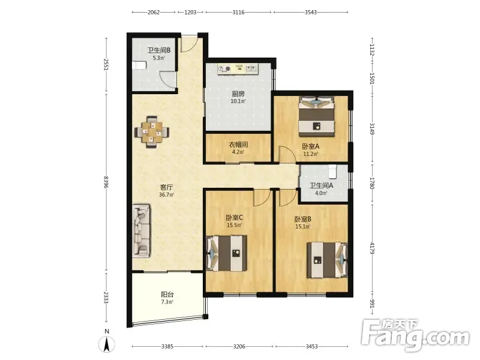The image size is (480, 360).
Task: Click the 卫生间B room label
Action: point(159,50)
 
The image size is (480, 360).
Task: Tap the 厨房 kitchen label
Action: point(238,94)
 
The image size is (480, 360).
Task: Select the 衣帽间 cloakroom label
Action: point(238,145)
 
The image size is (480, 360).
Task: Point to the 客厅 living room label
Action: point(167,187)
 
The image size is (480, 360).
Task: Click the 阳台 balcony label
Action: point(167,295)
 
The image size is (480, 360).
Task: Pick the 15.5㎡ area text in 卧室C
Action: point(234,226)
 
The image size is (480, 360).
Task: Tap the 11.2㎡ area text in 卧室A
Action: point(311,154)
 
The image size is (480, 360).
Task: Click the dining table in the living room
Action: point(152,132)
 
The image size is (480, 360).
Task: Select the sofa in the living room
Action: point(142,231)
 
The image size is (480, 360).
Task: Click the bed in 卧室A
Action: point(317,116)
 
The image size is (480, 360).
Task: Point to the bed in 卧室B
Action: point(328,260)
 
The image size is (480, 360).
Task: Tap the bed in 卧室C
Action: point(227,253)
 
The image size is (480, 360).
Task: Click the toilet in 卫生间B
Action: point(139,65)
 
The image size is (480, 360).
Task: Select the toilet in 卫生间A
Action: point(333,172)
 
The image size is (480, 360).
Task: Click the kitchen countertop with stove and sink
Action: point(238,69)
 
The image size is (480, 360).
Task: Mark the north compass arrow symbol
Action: point(107,344)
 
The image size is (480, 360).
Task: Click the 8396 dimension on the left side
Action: point(106,182)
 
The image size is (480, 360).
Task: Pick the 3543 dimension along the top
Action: point(311,12)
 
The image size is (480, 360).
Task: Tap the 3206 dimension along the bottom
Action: point(239,347)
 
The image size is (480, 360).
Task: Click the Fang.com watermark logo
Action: point(415,335)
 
